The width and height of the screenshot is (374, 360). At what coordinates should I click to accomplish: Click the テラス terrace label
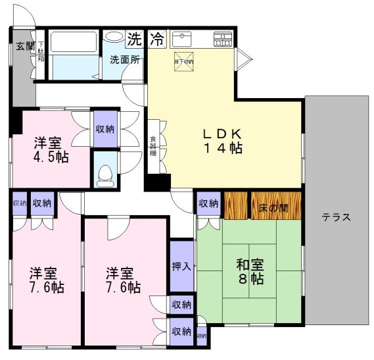click(x=336, y=217)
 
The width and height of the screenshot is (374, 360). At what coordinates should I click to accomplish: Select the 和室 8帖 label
click(x=250, y=272)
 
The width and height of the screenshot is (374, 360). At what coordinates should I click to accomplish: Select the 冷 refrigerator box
click(x=156, y=39)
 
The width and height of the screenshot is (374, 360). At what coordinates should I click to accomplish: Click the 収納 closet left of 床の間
click(x=209, y=204)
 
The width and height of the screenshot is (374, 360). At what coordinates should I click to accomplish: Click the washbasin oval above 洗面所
click(x=115, y=36)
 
